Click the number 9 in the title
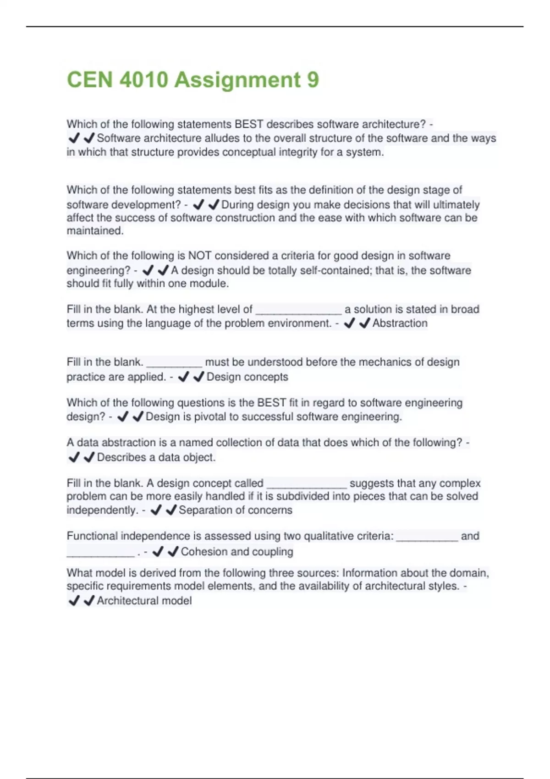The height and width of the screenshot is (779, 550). click(x=313, y=80)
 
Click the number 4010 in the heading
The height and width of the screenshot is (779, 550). click(x=143, y=80)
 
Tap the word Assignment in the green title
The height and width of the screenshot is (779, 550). click(x=237, y=80)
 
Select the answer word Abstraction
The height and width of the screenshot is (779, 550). click(x=400, y=323)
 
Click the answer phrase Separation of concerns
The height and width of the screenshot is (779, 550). click(x=235, y=510)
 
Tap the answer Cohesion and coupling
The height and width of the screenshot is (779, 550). click(x=237, y=551)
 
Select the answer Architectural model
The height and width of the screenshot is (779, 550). click(x=144, y=600)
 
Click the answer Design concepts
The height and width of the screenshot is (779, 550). click(x=247, y=377)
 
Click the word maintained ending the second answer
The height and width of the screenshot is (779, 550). click(x=95, y=230)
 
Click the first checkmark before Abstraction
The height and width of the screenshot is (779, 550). click(x=350, y=324)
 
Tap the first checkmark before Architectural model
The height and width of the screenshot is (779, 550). click(x=74, y=600)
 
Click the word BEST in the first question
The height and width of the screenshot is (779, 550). click(x=249, y=124)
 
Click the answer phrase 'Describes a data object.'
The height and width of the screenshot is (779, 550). click(x=156, y=457)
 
